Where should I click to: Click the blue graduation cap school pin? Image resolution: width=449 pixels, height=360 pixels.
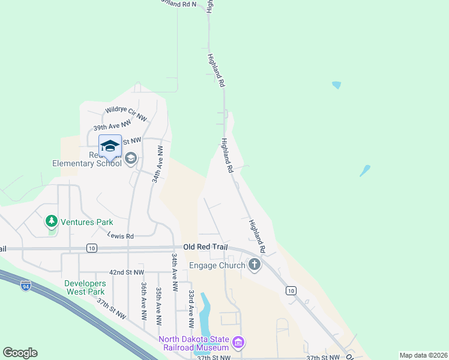pos(110,146)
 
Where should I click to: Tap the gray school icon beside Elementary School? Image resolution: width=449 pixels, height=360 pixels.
pos(131,158)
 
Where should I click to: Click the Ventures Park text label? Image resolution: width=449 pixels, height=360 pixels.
pos(87,222)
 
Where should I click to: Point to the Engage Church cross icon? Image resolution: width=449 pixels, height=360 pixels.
pos(254,264)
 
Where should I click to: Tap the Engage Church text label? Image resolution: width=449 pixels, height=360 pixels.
pos(217,265)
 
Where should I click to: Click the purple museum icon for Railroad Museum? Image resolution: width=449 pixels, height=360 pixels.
pos(238,343)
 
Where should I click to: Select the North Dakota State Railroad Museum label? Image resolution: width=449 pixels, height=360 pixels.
pos(194,343)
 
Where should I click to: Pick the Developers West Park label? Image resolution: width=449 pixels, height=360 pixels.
pos(85,287)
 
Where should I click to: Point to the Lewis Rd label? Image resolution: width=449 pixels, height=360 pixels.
pos(121,236)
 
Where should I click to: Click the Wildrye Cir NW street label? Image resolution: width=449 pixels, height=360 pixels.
pos(126,113)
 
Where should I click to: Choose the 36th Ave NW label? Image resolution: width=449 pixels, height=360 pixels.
pos(144,302)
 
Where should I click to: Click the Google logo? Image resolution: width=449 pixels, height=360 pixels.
pos(20,353)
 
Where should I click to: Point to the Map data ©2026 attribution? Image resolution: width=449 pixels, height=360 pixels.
pos(423,355)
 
